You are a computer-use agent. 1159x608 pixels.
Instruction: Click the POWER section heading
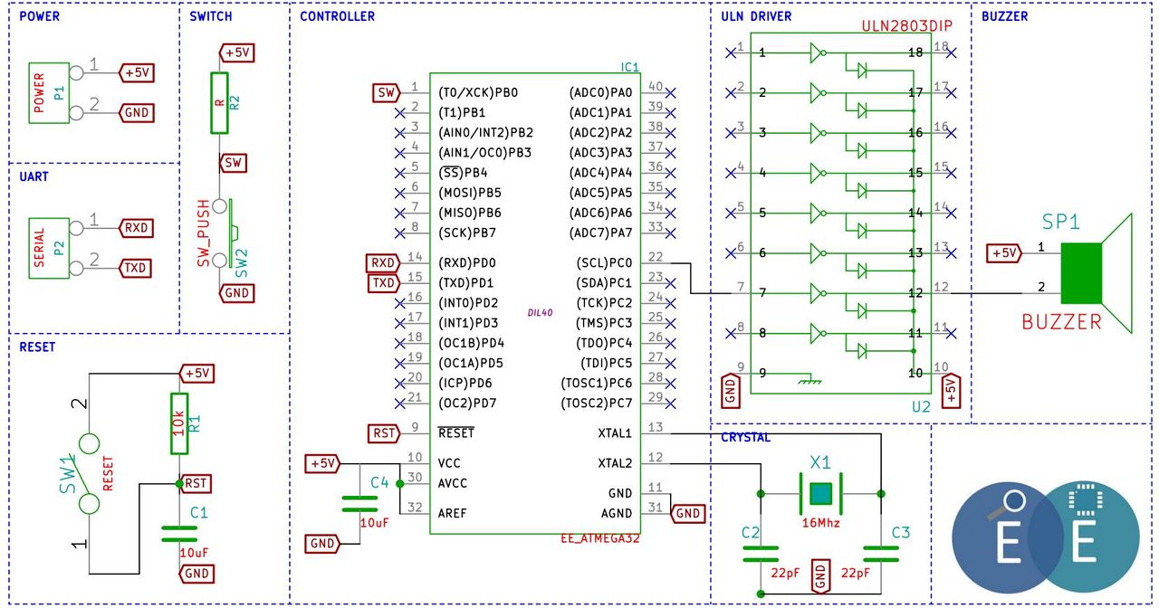(x=39, y=16)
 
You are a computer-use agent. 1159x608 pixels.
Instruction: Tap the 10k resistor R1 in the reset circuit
(x=179, y=423)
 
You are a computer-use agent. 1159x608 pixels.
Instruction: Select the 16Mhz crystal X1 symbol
(x=821, y=494)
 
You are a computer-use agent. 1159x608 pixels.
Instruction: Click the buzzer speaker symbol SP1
(x=1097, y=273)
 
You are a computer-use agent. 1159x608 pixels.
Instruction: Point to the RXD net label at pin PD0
(x=382, y=263)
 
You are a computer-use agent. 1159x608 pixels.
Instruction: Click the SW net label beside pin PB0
(x=386, y=93)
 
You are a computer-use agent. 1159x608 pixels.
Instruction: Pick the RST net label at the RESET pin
(x=384, y=433)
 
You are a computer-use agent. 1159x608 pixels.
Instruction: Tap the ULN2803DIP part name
(x=906, y=26)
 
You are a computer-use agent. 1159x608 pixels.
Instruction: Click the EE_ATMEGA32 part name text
(x=600, y=538)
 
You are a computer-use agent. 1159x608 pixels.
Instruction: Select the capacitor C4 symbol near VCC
(x=359, y=504)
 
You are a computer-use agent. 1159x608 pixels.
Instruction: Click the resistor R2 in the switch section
(x=219, y=103)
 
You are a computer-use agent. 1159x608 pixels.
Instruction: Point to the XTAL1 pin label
(x=615, y=433)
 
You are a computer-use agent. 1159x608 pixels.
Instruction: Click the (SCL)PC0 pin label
(x=604, y=263)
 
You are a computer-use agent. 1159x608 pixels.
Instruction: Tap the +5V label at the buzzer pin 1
(x=1004, y=253)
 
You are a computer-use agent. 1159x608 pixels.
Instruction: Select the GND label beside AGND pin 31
(x=688, y=514)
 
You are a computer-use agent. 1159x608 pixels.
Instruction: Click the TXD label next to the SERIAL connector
(x=135, y=269)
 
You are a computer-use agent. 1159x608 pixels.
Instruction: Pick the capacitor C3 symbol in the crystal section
(x=881, y=554)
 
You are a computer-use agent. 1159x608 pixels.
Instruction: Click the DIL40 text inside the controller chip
(x=541, y=313)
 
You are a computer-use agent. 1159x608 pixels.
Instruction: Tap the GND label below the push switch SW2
(x=236, y=294)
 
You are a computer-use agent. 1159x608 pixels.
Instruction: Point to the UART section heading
(x=34, y=176)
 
